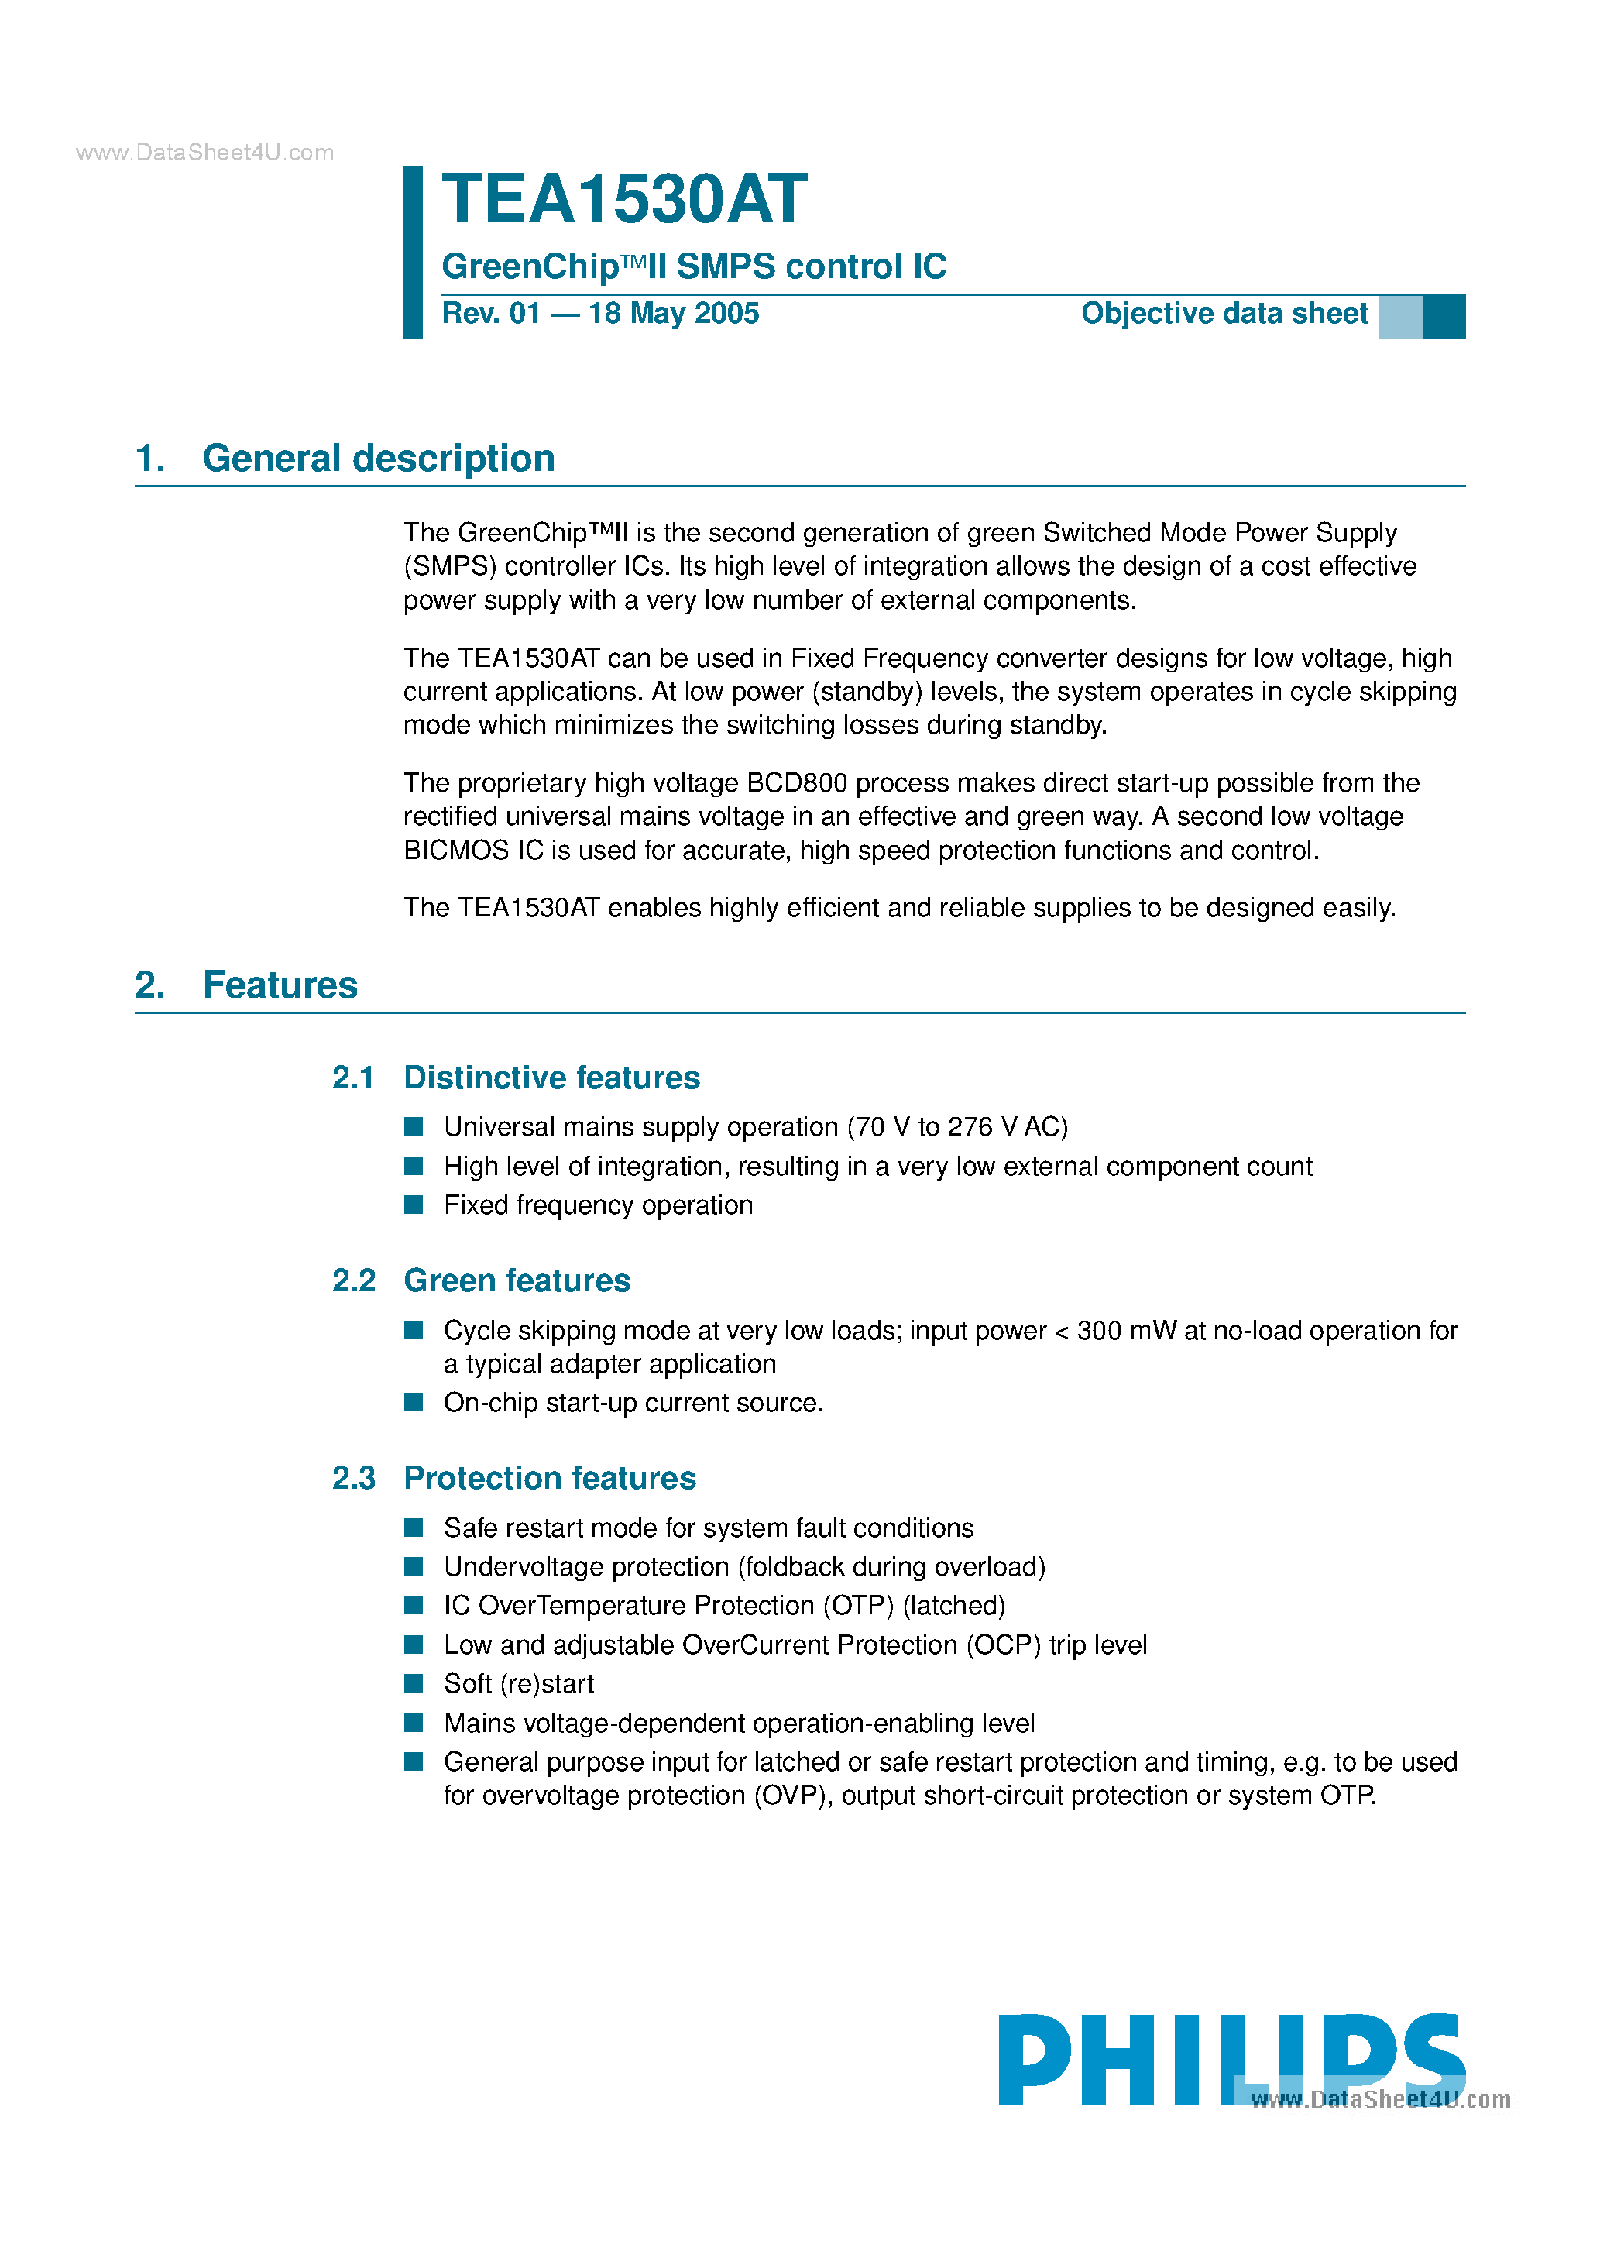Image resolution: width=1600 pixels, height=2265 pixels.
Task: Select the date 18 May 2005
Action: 674,314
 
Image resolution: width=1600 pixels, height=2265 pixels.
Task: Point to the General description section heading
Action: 378,459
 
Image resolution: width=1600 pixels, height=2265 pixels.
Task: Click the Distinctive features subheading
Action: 551,1078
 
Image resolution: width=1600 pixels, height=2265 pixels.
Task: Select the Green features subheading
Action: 517,1280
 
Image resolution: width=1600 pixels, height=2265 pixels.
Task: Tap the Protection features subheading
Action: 549,1478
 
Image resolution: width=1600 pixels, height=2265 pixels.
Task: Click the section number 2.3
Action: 353,1478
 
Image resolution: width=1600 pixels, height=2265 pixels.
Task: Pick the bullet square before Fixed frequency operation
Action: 414,1205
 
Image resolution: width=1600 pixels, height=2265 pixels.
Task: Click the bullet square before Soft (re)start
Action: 414,1683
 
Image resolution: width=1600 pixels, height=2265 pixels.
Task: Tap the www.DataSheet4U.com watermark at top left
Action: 205,153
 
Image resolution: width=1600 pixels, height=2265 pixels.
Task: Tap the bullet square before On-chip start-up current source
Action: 414,1402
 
